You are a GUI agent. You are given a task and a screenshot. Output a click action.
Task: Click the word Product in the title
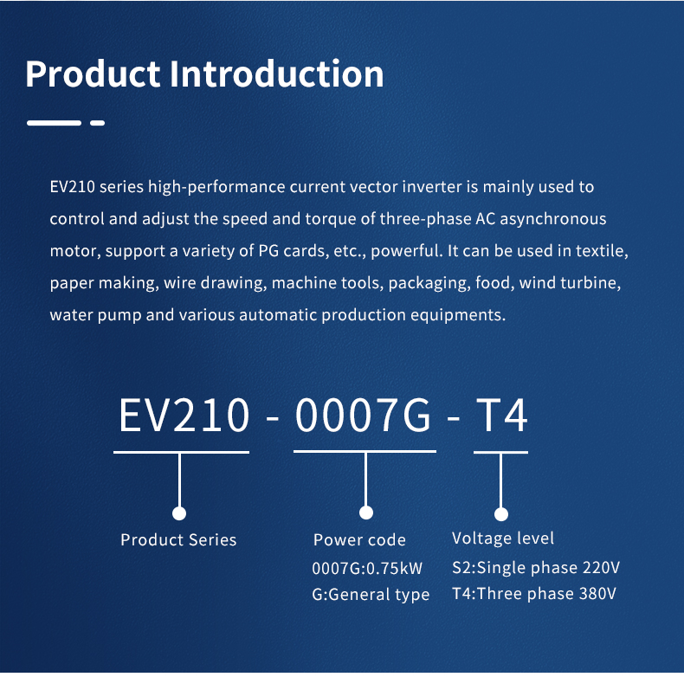pos(93,74)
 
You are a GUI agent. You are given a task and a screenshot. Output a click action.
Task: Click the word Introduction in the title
pos(276,74)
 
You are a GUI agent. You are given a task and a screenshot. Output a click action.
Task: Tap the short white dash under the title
pos(97,123)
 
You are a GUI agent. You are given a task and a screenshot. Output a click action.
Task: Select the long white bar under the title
pos(54,123)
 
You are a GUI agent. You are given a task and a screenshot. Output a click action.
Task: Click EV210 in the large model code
pos(184,416)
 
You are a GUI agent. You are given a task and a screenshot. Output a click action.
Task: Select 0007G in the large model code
pos(363,416)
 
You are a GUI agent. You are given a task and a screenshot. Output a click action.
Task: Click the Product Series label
pos(178,540)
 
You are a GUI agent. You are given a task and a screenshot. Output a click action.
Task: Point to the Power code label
pos(359,540)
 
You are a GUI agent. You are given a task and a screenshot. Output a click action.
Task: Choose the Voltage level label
pos(503,538)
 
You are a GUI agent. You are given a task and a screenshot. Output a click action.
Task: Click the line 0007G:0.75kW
pos(367,569)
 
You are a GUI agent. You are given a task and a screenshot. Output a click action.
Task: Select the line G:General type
pos(371,595)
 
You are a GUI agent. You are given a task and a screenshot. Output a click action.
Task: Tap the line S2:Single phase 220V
pos(536,568)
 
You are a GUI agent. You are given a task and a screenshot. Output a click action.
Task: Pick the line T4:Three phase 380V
pos(534,594)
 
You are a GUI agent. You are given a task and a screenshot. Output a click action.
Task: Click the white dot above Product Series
pos(179,513)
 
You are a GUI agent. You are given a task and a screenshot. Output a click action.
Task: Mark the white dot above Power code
pos(366,513)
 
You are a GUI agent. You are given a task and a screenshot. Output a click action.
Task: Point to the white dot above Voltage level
pos(500,513)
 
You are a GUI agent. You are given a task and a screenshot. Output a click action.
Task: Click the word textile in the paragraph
pos(602,251)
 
